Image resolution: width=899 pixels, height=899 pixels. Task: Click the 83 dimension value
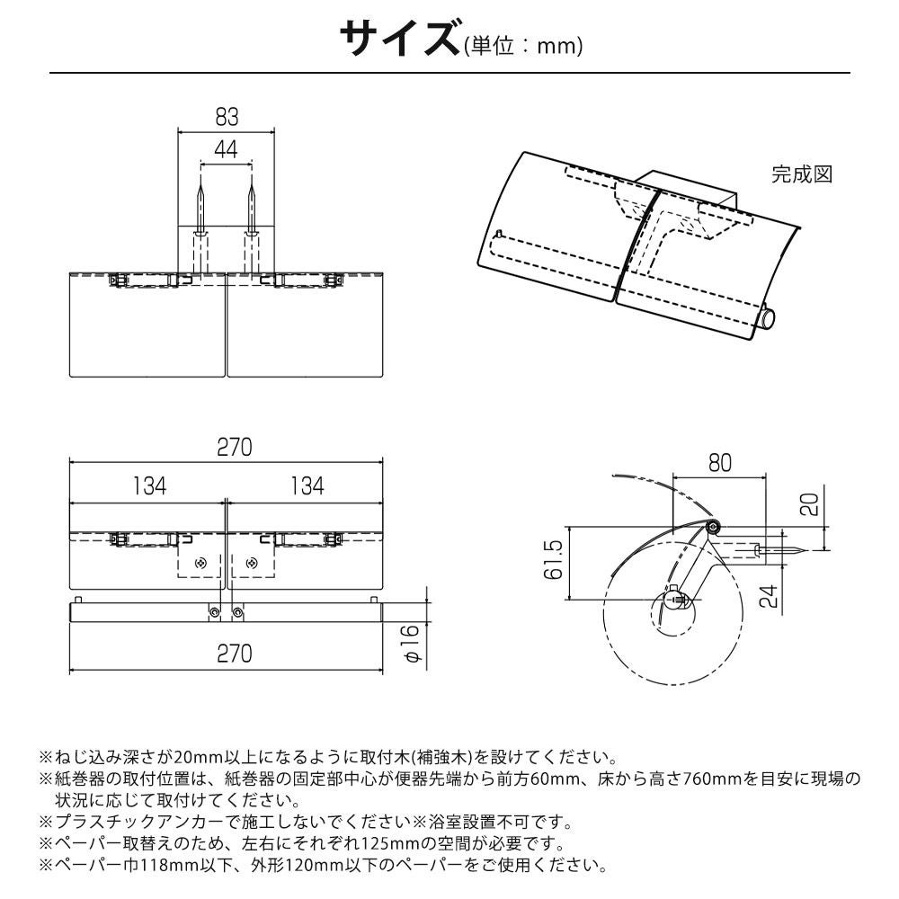click(227, 117)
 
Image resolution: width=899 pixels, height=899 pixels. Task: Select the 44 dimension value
click(227, 150)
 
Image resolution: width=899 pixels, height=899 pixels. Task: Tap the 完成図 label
click(802, 174)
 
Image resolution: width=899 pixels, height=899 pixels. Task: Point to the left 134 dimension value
click(149, 486)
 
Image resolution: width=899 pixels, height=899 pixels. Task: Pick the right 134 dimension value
click(306, 486)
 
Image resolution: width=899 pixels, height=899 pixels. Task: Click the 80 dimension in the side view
click(719, 463)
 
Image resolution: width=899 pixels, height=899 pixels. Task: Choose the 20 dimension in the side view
click(812, 503)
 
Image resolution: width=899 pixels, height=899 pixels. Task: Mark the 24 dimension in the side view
click(768, 594)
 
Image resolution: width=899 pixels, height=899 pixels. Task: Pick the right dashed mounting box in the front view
click(253, 563)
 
